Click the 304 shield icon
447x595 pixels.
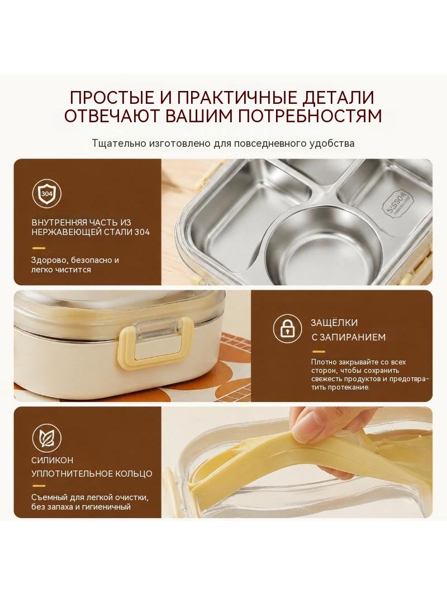[47, 194]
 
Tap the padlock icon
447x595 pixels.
[288, 328]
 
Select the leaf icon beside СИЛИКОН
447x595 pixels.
[47, 439]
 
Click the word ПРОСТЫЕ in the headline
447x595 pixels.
[112, 98]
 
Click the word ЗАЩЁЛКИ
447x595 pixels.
[334, 323]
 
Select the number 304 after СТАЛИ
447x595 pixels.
[142, 232]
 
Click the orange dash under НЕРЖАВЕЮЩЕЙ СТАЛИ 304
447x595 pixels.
[39, 248]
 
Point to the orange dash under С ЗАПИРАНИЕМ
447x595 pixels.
[318, 352]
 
